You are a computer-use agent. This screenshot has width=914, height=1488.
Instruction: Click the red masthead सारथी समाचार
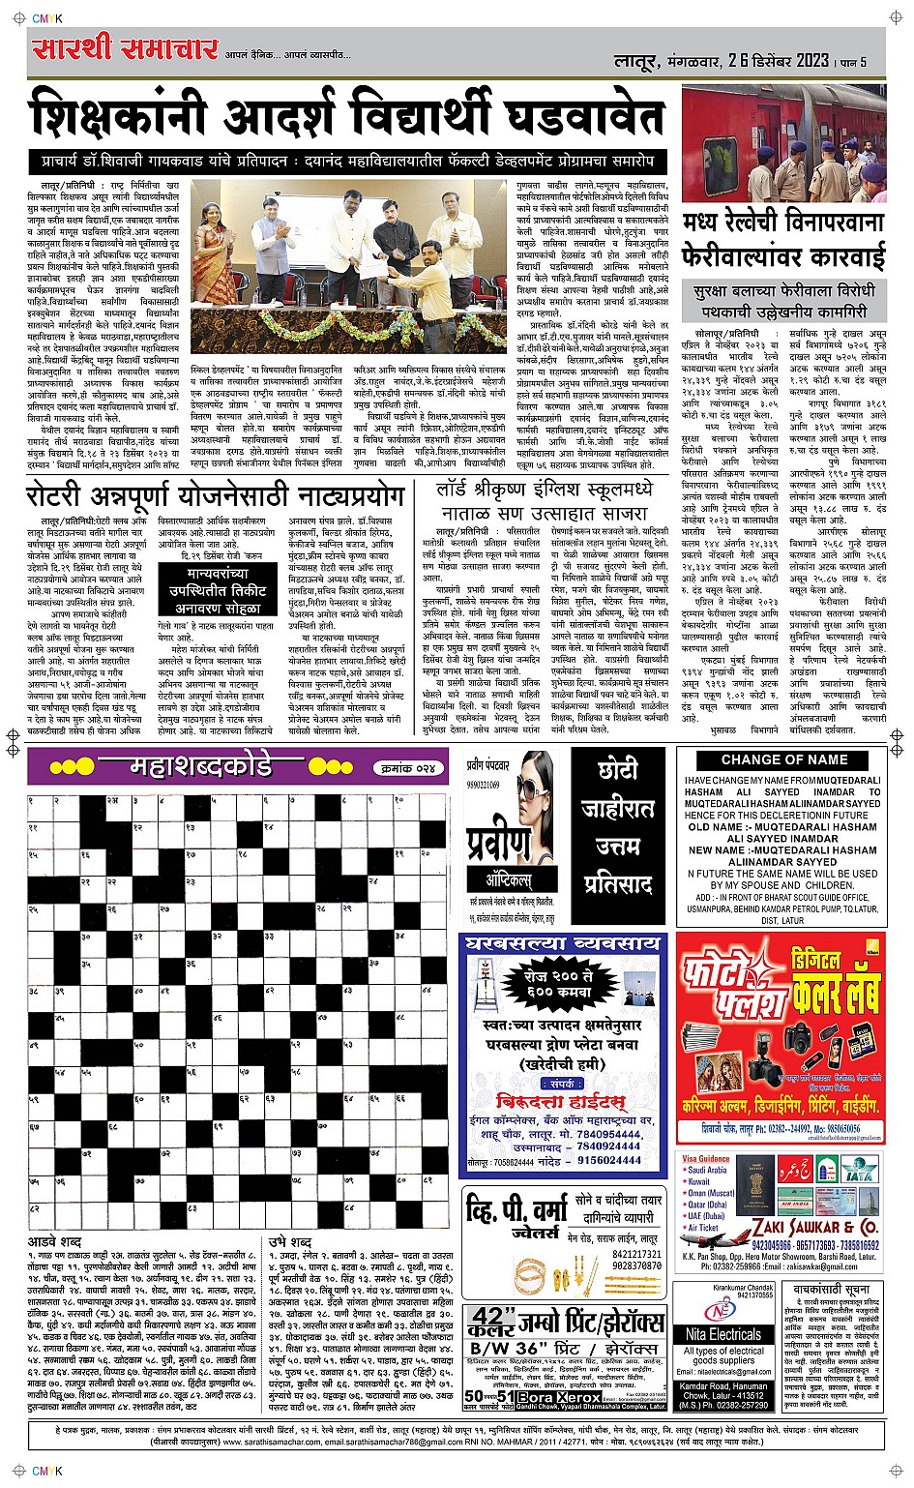[125, 48]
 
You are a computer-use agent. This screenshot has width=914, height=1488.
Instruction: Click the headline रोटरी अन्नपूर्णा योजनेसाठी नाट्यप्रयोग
[215, 496]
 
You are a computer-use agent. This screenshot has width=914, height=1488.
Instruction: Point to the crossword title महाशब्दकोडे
[201, 768]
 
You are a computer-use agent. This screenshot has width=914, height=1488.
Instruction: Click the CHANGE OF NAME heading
[783, 759]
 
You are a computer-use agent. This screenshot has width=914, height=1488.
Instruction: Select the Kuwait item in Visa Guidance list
[698, 1181]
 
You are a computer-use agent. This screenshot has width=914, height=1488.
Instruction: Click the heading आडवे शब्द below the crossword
[55, 1240]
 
